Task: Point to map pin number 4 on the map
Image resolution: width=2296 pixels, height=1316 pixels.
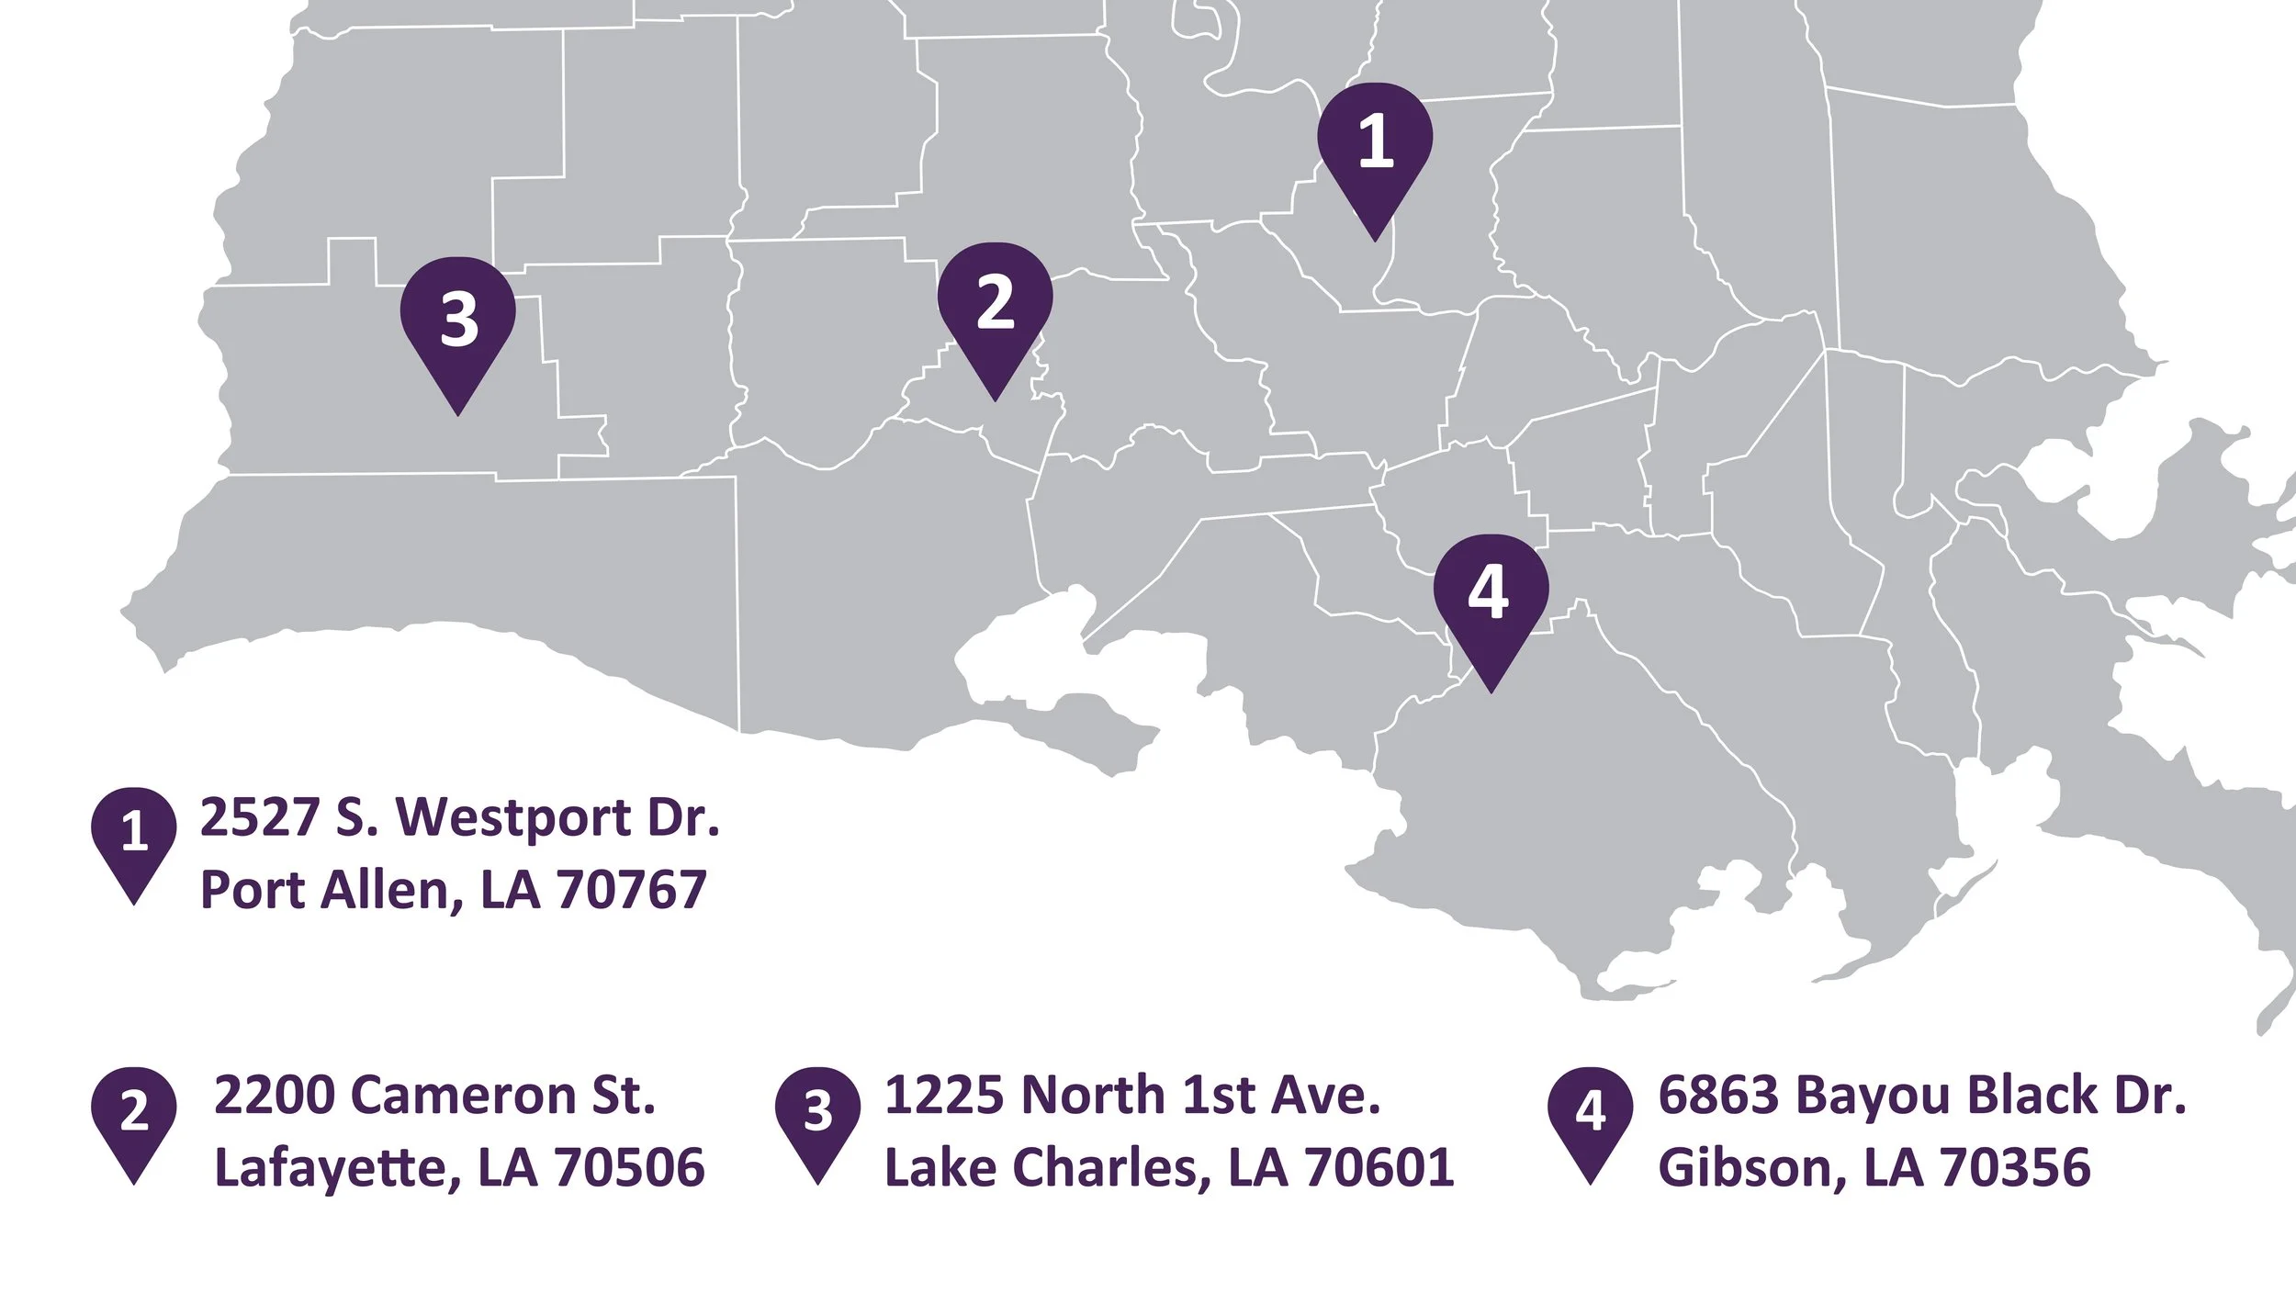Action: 1491,597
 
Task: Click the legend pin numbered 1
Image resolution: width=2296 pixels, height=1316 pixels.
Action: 134,836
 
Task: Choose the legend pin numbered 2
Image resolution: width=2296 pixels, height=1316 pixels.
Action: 134,1115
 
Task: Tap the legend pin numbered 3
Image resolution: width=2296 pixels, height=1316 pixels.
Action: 817,1115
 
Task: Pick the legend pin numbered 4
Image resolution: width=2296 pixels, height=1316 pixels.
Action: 1591,1115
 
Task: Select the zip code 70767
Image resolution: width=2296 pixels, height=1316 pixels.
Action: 631,890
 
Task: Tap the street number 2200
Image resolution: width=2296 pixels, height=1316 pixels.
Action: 275,1096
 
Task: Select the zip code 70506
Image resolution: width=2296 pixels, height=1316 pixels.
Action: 629,1168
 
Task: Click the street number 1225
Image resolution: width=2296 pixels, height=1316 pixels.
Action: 945,1096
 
